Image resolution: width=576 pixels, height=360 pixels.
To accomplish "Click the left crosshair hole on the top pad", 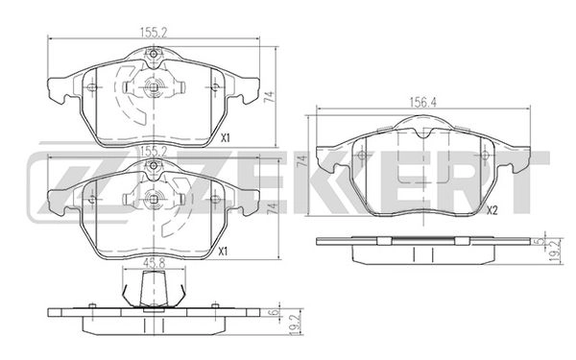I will [90, 89].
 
